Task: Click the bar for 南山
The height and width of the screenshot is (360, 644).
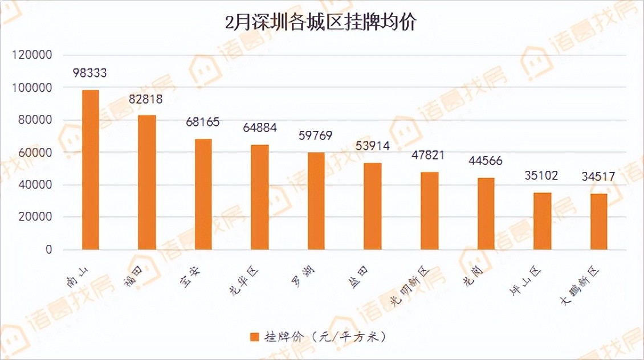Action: click(x=91, y=170)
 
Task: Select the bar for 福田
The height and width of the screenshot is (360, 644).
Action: click(x=147, y=182)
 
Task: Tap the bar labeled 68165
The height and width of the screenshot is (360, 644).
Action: click(x=203, y=194)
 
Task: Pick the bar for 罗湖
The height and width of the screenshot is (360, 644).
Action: click(x=316, y=201)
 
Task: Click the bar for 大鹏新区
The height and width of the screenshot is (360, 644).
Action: click(x=599, y=222)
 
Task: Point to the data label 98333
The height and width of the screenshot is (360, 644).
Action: click(x=90, y=73)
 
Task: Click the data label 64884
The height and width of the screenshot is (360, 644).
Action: click(x=259, y=128)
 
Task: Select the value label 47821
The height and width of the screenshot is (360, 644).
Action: click(x=428, y=156)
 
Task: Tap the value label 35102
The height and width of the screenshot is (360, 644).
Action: click(x=541, y=175)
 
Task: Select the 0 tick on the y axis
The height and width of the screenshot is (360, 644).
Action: click(x=49, y=249)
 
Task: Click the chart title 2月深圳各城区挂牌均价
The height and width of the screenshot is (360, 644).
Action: click(x=321, y=23)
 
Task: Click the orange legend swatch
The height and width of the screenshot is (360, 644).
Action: click(x=254, y=337)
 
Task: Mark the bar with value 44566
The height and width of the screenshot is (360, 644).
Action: click(x=486, y=214)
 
